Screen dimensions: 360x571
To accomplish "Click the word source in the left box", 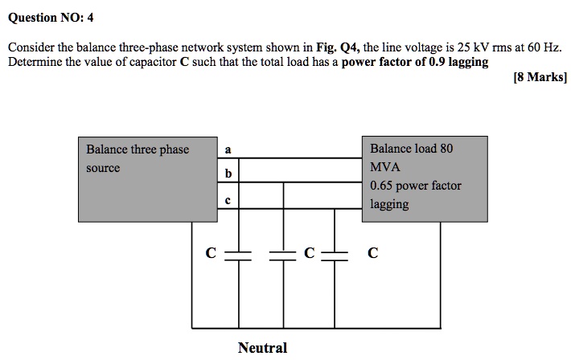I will click(x=103, y=168).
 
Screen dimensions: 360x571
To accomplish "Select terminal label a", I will click(x=228, y=149).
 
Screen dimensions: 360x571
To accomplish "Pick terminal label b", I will click(x=228, y=174).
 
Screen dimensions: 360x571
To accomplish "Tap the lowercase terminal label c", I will click(x=228, y=201).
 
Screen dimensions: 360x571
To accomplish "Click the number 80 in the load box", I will click(x=446, y=149).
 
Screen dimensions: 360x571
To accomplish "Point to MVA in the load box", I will click(x=385, y=167).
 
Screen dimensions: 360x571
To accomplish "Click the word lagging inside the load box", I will click(x=389, y=204).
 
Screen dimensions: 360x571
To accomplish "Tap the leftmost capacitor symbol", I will click(x=239, y=254).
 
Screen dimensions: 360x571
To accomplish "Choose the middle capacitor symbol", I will click(x=283, y=254).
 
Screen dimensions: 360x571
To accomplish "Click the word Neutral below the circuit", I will click(x=262, y=348).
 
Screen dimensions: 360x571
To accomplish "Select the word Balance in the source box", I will click(x=107, y=149).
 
